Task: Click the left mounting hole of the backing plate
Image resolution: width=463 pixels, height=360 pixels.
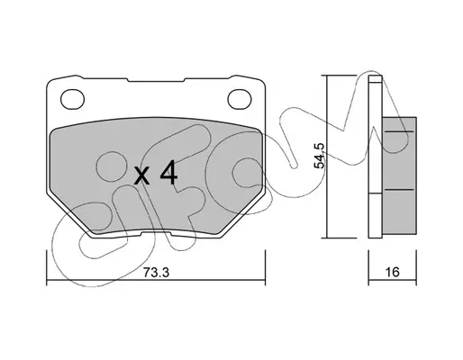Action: [72, 99]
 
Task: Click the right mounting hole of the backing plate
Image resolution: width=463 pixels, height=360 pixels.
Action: [240, 99]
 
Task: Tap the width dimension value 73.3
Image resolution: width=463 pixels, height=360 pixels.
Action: [156, 273]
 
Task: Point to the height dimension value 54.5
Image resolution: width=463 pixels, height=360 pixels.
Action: [320, 156]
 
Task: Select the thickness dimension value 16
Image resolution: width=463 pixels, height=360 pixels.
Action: [392, 272]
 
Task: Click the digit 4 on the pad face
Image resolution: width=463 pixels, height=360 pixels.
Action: [168, 173]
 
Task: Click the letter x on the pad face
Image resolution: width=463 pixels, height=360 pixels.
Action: [141, 176]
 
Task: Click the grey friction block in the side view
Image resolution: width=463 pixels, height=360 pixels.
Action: [399, 175]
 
